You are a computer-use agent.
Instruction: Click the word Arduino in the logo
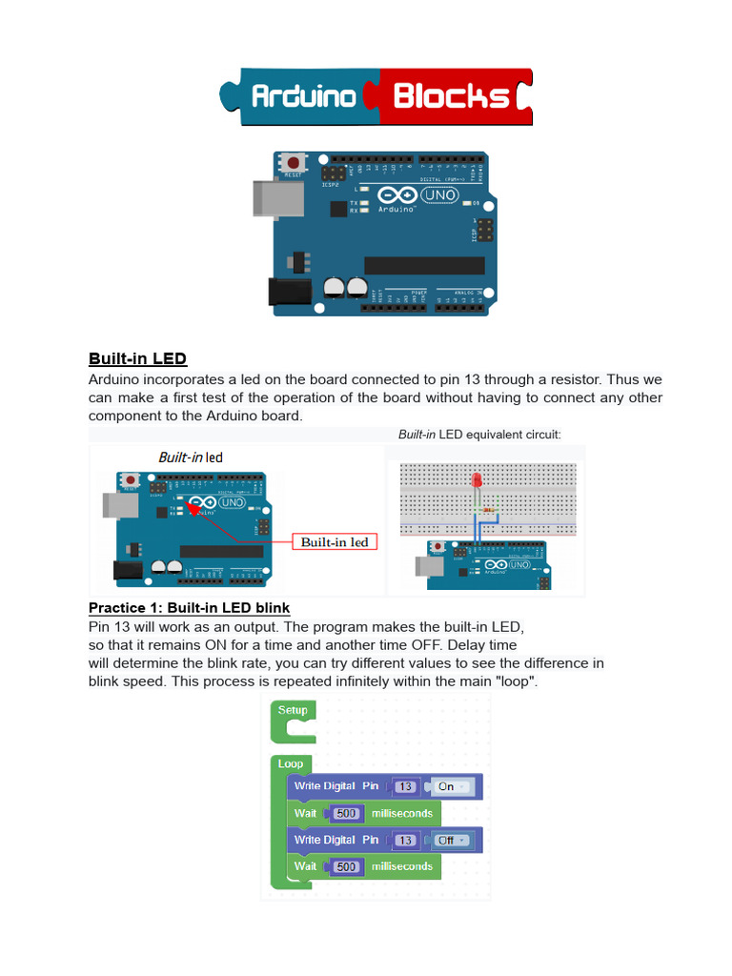click(303, 97)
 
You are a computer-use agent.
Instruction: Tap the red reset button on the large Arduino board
click(294, 163)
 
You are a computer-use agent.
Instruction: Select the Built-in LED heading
click(137, 359)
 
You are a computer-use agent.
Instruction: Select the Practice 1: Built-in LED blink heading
click(189, 608)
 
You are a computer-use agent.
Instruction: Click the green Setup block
click(293, 711)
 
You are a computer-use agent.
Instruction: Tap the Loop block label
click(291, 764)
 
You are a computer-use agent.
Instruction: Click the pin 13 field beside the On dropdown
click(406, 787)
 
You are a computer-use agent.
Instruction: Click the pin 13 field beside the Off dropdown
click(406, 841)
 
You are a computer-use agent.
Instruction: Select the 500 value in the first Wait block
click(346, 814)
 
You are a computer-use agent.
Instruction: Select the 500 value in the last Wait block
click(346, 867)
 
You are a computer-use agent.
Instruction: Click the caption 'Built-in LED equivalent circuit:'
click(479, 435)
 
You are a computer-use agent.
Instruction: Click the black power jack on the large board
click(288, 292)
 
